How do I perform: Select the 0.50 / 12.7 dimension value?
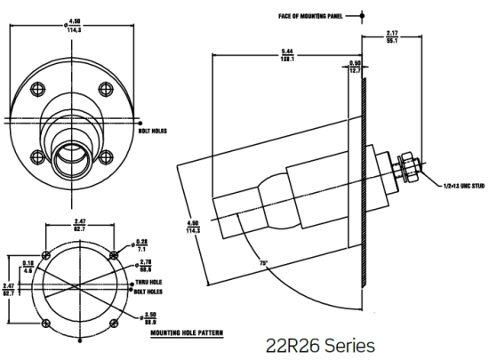[x=355, y=65]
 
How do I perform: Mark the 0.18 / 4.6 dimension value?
[x=28, y=265]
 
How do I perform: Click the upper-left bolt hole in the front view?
[x=37, y=87]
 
